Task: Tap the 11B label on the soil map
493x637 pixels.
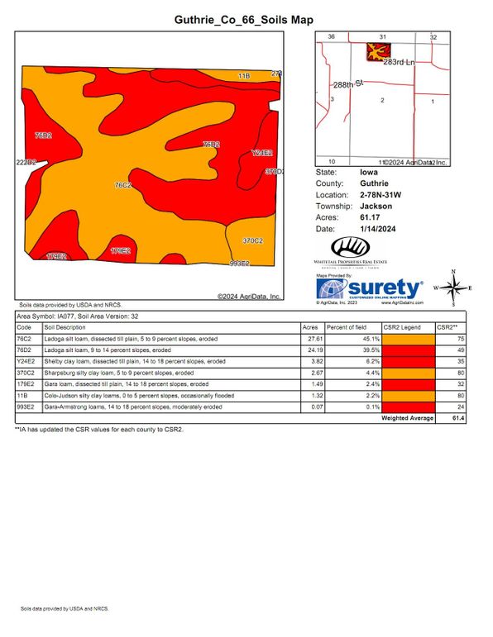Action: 243,75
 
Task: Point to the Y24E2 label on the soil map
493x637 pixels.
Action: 262,153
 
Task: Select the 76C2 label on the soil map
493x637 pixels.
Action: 122,185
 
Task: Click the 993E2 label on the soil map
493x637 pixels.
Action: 239,264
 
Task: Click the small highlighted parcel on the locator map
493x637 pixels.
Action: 378,52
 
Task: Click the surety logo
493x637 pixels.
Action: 371,289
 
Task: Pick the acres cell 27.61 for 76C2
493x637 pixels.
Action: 314,339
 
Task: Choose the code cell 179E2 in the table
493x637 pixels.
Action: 25,384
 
